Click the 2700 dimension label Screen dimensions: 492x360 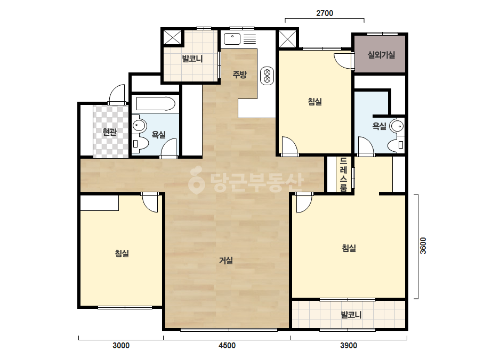point(325,13)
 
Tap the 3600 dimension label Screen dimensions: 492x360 point(423,246)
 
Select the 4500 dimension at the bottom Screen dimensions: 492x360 point(227,346)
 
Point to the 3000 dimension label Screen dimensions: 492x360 point(121,346)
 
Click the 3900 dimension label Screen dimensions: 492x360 point(349,346)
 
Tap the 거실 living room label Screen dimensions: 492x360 point(226,260)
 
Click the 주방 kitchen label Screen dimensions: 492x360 point(239,75)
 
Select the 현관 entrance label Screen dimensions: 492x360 point(109,132)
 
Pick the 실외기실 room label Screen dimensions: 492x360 point(381,55)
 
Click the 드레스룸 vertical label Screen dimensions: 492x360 point(344,174)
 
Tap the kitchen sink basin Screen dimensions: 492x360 point(232,39)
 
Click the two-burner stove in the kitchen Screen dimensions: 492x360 point(268,76)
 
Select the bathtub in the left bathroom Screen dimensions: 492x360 point(156,103)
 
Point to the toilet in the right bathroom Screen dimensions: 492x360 point(396,145)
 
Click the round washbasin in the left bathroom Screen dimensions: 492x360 point(139,126)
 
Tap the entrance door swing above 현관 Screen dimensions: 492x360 point(117,93)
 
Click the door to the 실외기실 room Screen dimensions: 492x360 point(344,61)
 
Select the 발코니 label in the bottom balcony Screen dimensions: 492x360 point(351,315)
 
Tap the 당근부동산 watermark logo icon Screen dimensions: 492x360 point(196,180)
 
